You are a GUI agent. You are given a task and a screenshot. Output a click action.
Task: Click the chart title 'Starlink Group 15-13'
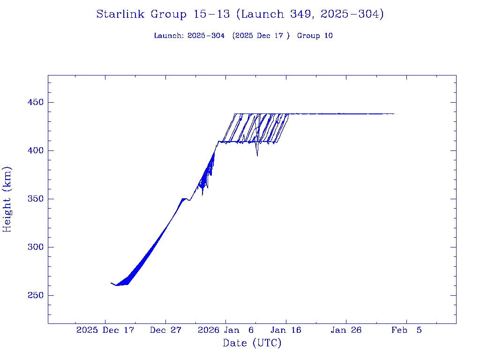point(163,15)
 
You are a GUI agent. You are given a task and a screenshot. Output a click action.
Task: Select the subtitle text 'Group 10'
point(315,36)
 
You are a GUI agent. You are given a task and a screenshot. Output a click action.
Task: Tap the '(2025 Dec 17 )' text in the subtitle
point(261,36)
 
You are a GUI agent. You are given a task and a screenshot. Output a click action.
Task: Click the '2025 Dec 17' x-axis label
point(105,330)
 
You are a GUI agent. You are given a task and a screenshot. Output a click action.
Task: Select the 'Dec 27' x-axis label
point(165,330)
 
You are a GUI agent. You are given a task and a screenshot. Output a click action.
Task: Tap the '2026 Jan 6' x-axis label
point(225,330)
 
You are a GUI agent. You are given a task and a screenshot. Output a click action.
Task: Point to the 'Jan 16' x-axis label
point(286,330)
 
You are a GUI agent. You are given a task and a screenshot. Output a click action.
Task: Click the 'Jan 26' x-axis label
point(346,330)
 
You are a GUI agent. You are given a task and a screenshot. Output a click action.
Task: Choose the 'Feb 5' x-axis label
point(406,330)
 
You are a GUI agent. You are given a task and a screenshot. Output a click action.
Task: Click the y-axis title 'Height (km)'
point(7,199)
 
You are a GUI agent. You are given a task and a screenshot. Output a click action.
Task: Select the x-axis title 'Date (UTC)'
point(252,344)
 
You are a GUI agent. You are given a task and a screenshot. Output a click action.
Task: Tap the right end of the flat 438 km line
point(394,114)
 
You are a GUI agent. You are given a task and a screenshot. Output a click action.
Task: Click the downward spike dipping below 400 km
point(257,155)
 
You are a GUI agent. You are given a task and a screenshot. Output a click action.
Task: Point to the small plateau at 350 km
point(184,199)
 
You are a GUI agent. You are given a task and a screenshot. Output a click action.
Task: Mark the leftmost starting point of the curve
point(111,283)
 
